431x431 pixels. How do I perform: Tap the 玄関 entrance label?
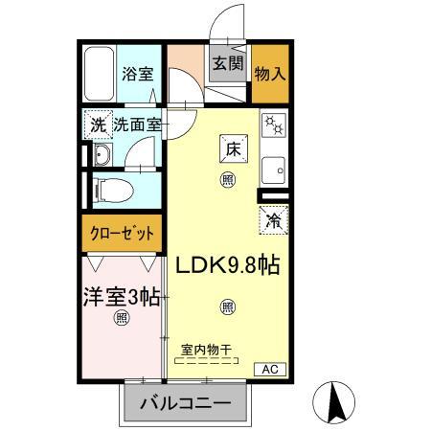click(x=227, y=64)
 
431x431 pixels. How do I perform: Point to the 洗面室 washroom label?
click(x=138, y=125)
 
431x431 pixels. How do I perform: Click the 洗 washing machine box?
click(x=98, y=125)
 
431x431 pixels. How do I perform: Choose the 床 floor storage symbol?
click(x=233, y=148)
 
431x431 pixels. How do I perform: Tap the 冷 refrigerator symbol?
click(x=272, y=219)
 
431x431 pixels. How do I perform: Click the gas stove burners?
click(x=274, y=125)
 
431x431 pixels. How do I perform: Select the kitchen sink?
click(x=275, y=167)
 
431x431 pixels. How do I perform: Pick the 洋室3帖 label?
click(x=119, y=296)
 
